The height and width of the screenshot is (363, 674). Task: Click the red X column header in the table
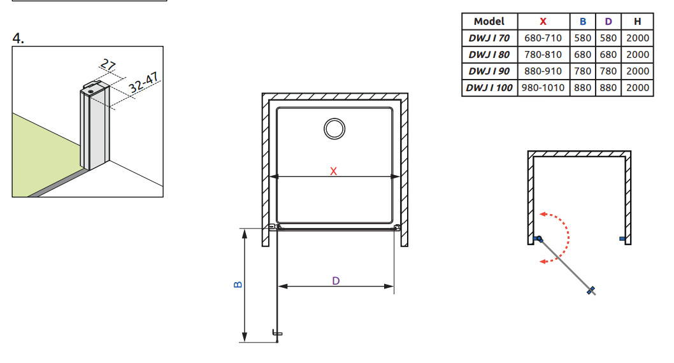coord(543,22)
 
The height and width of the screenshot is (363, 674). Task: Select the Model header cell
coord(489,22)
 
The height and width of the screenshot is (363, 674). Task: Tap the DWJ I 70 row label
coord(489,38)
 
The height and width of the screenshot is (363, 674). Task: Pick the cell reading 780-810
coord(543,55)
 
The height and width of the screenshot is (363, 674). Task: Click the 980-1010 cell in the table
coord(543,88)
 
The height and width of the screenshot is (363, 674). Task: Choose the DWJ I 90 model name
coord(489,71)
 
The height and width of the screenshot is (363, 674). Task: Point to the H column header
coord(638,22)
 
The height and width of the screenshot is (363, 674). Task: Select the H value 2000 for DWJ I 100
coord(638,88)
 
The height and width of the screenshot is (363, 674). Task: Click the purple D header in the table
coord(608,22)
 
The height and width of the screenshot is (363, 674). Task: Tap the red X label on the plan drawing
coord(334,171)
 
